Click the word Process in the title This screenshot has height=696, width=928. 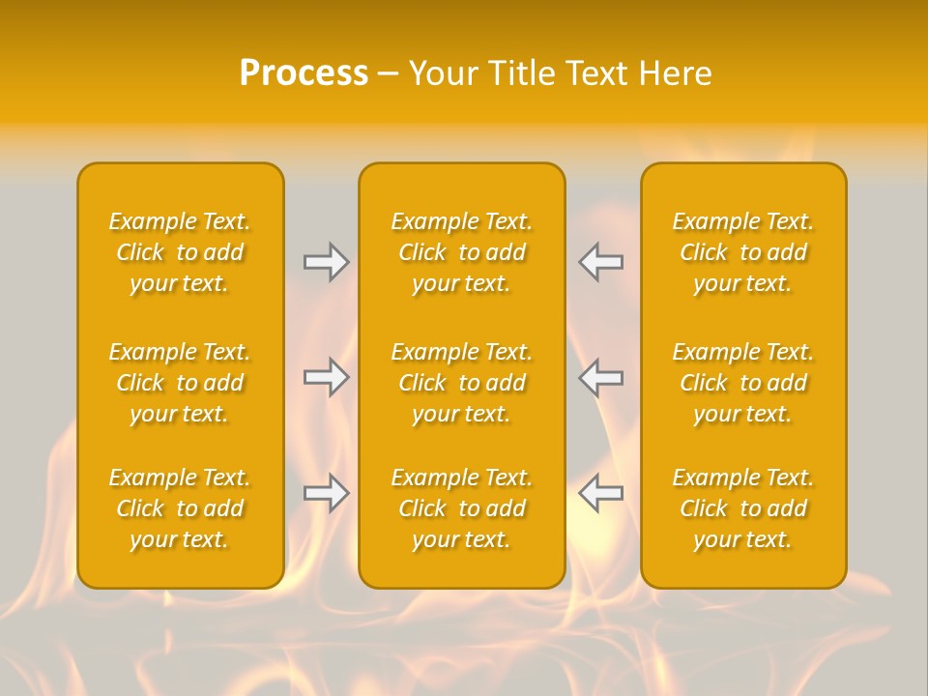pyautogui.click(x=304, y=73)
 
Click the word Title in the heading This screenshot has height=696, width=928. pyautogui.click(x=522, y=73)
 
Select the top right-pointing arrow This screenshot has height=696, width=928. pyautogui.click(x=327, y=262)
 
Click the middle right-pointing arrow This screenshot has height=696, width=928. pyautogui.click(x=327, y=377)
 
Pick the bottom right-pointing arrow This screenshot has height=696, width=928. pyautogui.click(x=327, y=493)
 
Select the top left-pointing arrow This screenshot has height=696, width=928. pyautogui.click(x=600, y=262)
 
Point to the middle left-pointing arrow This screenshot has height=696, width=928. pyautogui.click(x=600, y=377)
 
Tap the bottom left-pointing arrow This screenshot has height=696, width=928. pyautogui.click(x=600, y=493)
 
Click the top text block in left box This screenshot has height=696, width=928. pyautogui.click(x=180, y=252)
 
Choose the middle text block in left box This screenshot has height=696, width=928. pyautogui.click(x=180, y=383)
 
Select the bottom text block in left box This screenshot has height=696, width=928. pyautogui.click(x=180, y=508)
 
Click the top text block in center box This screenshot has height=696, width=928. pyautogui.click(x=461, y=252)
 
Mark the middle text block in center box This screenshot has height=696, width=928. pyautogui.click(x=461, y=383)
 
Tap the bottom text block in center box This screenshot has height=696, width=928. pyautogui.click(x=461, y=508)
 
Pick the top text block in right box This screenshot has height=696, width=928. pyautogui.click(x=742, y=252)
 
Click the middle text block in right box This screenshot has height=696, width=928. pyautogui.click(x=742, y=383)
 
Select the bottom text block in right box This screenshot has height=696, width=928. pyautogui.click(x=742, y=508)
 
